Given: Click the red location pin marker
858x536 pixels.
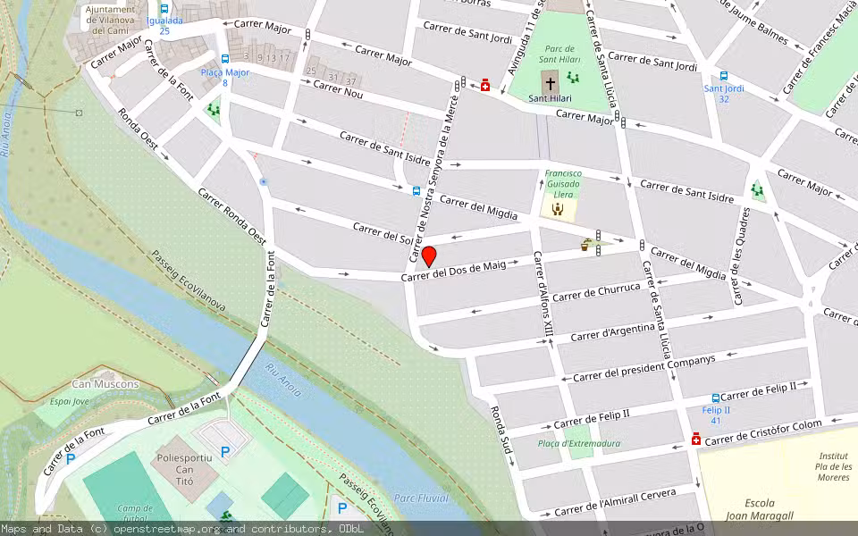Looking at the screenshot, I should [x=429, y=256].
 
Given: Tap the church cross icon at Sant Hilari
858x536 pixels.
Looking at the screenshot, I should [x=550, y=84].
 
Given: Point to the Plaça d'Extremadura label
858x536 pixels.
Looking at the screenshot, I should [x=579, y=443].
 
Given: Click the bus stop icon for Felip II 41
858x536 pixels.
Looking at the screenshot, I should [x=715, y=398].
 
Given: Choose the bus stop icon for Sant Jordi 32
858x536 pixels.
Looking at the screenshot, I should [x=723, y=77].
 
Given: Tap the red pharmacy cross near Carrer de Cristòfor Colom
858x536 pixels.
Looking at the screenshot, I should [x=695, y=439].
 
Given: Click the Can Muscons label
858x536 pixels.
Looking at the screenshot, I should [x=105, y=384].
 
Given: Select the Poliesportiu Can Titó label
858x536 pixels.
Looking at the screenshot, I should [x=184, y=464].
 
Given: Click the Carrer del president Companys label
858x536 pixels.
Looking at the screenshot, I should [x=643, y=367].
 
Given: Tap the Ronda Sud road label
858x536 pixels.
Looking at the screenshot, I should [x=500, y=436].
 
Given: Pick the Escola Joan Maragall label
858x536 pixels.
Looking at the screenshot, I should [x=760, y=509].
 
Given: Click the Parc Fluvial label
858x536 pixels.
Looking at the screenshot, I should [x=421, y=498].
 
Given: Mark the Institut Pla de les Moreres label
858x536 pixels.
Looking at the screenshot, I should [x=833, y=466].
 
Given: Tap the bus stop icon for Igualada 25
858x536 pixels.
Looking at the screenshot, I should [x=164, y=8].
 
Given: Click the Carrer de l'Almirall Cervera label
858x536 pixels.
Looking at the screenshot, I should [x=615, y=502].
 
